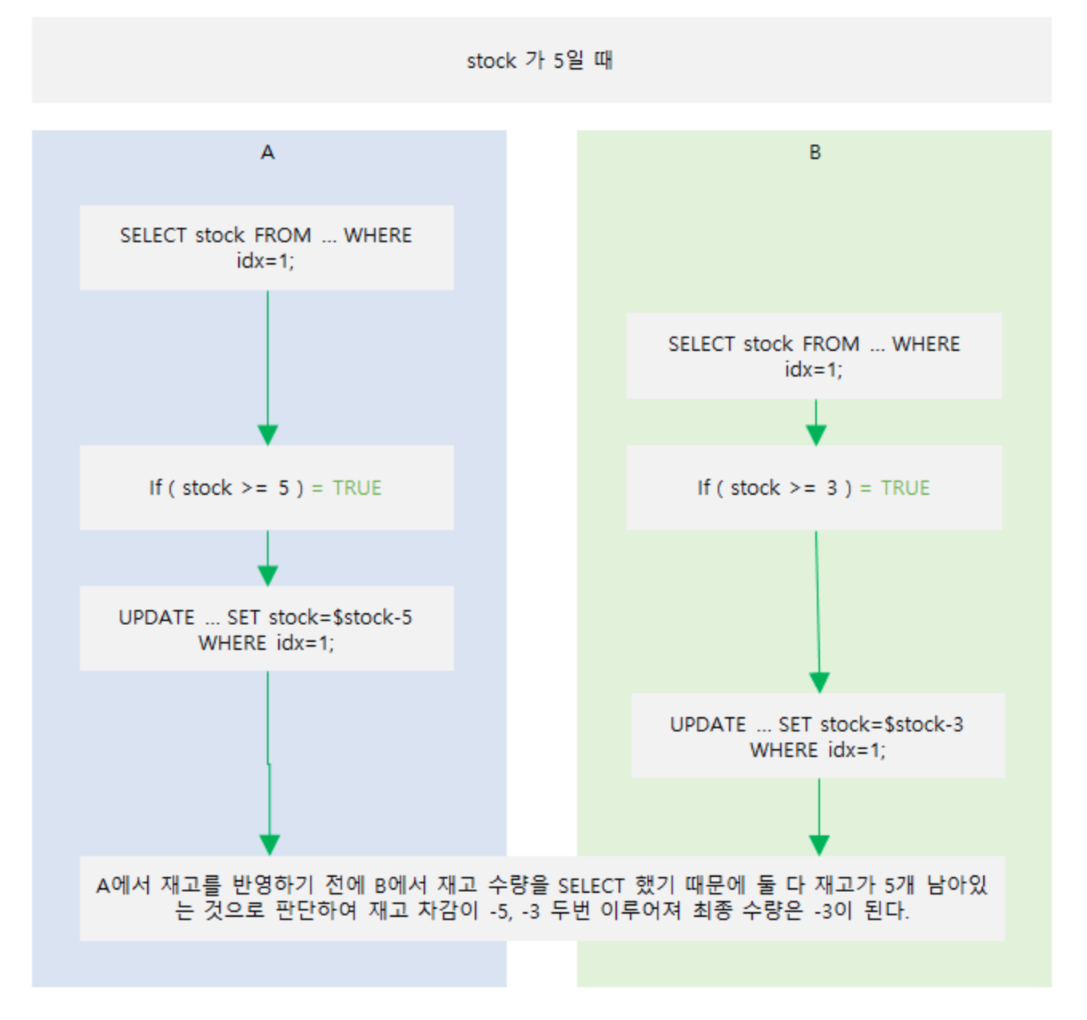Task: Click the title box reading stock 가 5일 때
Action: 541,60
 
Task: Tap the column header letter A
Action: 268,152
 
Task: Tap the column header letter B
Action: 814,152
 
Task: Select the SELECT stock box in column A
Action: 266,248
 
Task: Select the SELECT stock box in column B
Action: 814,356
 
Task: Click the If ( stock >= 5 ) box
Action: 266,488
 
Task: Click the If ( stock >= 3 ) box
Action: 814,488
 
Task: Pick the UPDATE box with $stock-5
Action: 266,629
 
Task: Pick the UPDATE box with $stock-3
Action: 818,736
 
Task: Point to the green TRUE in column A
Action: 356,488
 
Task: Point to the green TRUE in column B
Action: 905,488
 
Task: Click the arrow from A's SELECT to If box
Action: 268,368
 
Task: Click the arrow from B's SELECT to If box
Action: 816,422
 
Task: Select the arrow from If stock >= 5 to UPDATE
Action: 268,558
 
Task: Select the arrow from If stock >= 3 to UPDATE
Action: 818,612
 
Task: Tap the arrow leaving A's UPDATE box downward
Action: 269,763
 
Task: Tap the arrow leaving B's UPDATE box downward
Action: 819,816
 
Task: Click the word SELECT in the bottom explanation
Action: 591,886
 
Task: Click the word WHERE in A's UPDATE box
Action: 232,643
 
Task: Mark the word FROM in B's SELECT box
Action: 830,344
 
